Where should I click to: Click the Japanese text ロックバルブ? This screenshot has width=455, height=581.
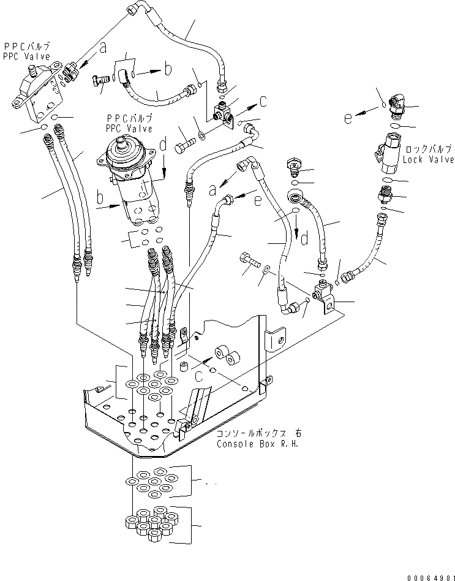(427, 150)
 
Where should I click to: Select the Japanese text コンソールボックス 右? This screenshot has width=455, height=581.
(258, 433)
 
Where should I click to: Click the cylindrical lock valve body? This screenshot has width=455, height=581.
(388, 151)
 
